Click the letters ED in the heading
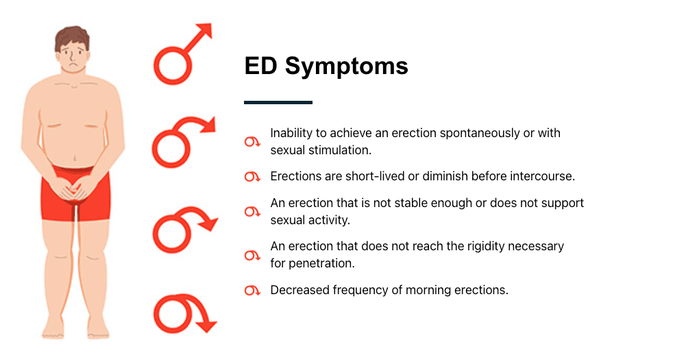pos(261,67)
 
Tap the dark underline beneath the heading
pos(278,102)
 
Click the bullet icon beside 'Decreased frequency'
pos(252,291)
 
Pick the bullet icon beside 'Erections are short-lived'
pos(252,177)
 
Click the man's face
pos(74,58)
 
